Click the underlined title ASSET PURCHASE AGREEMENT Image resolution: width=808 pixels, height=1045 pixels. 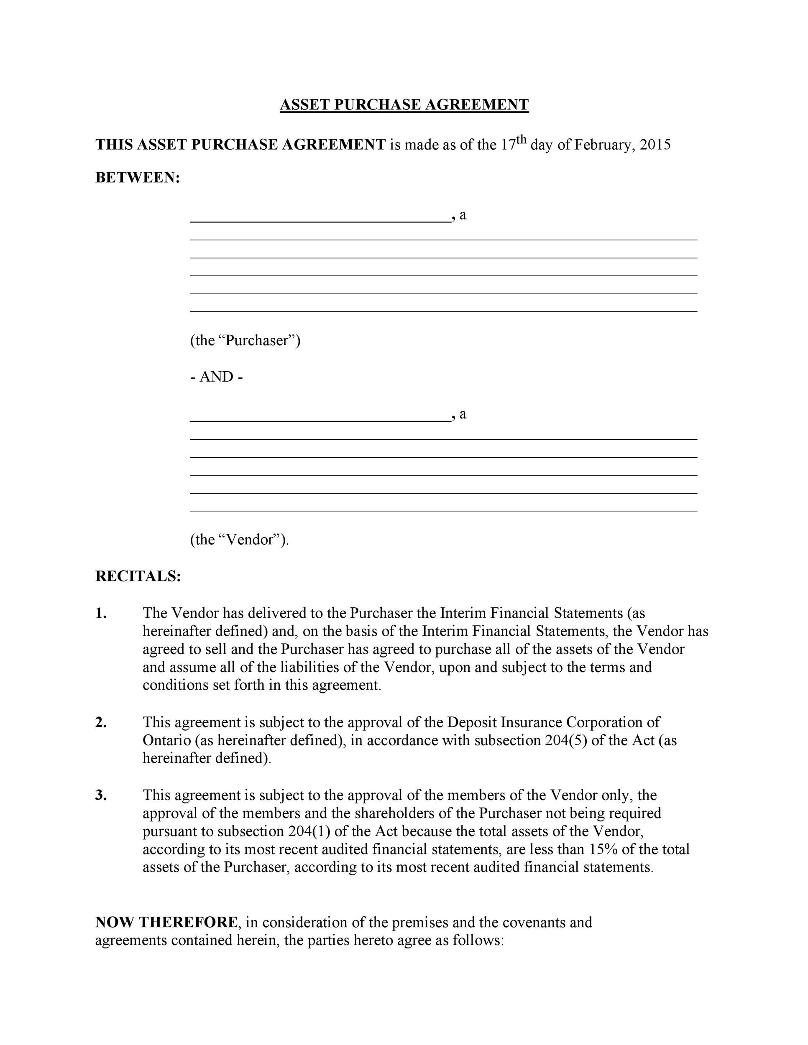(404, 104)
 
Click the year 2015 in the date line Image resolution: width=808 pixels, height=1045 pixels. (655, 145)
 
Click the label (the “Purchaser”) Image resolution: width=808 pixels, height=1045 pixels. (245, 340)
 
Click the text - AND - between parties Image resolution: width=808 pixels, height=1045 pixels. (216, 377)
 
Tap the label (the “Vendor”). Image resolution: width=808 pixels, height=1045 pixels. (239, 539)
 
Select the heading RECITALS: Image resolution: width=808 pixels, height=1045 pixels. (138, 576)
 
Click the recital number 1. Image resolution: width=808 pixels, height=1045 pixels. (101, 613)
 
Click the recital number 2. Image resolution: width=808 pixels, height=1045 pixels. (101, 722)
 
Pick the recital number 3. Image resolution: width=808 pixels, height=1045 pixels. (101, 795)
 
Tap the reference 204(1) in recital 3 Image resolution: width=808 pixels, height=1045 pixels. (309, 831)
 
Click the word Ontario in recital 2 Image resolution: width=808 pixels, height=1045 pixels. (166, 740)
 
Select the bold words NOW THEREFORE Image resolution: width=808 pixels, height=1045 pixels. (166, 922)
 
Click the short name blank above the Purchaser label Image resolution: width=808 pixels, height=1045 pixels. (320, 218)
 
